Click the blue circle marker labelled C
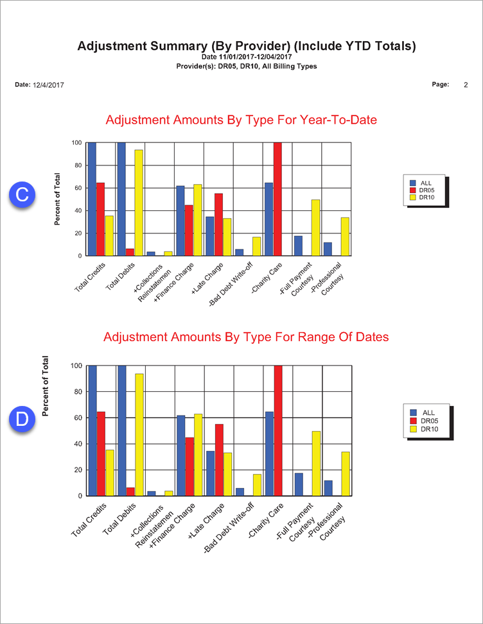tap(22, 195)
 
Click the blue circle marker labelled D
tap(22, 419)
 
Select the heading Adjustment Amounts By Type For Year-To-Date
tap(241, 120)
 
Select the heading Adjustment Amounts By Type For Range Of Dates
tap(246, 337)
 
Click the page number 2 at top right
tap(466, 85)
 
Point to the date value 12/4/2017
tap(48, 85)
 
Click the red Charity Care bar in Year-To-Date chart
tap(277, 199)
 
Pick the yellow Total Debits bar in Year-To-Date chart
tap(138, 203)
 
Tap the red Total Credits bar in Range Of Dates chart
tap(101, 453)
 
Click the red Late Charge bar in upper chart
tap(218, 224)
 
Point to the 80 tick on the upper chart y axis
tap(76, 165)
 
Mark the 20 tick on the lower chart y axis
tap(76, 470)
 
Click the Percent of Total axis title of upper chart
tap(57, 199)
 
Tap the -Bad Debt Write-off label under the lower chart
tap(237, 525)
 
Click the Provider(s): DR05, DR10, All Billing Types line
tap(247, 66)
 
